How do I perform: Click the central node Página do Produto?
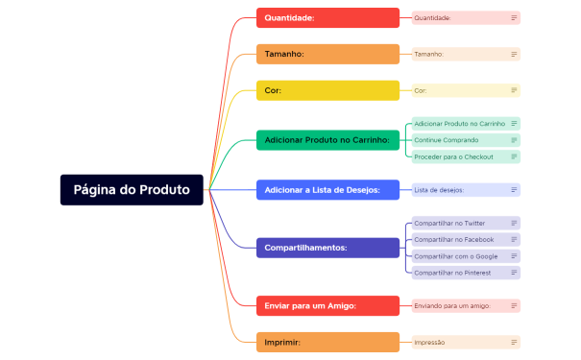click(x=133, y=190)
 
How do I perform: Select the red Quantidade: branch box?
click(x=327, y=17)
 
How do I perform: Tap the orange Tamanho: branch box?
click(x=327, y=54)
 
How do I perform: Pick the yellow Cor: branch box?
click(x=327, y=90)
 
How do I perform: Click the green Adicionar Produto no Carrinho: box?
click(x=327, y=140)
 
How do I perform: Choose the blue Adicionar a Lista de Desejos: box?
click(x=327, y=190)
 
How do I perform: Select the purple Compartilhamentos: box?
click(x=327, y=248)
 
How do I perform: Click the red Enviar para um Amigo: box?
click(x=327, y=305)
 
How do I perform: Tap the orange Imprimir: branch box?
click(x=327, y=342)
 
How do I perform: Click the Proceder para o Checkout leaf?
click(x=456, y=156)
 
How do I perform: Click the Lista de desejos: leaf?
click(x=456, y=190)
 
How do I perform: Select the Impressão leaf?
click(x=456, y=342)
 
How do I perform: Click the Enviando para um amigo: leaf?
click(x=456, y=305)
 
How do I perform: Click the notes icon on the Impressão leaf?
click(x=514, y=342)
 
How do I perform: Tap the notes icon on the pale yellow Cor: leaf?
click(x=514, y=90)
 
